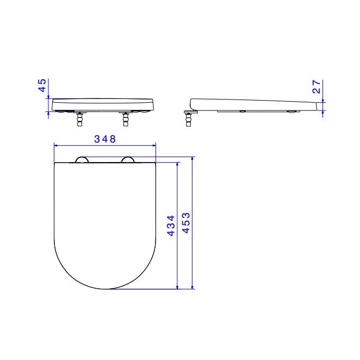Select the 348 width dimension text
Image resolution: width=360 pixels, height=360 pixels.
coord(104,139)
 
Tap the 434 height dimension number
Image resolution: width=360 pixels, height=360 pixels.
coord(170,225)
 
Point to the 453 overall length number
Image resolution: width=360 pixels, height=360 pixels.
coord(185,223)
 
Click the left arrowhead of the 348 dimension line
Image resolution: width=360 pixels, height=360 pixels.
coord(57,145)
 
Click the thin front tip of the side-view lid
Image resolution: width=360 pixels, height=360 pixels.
coord(319,107)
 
